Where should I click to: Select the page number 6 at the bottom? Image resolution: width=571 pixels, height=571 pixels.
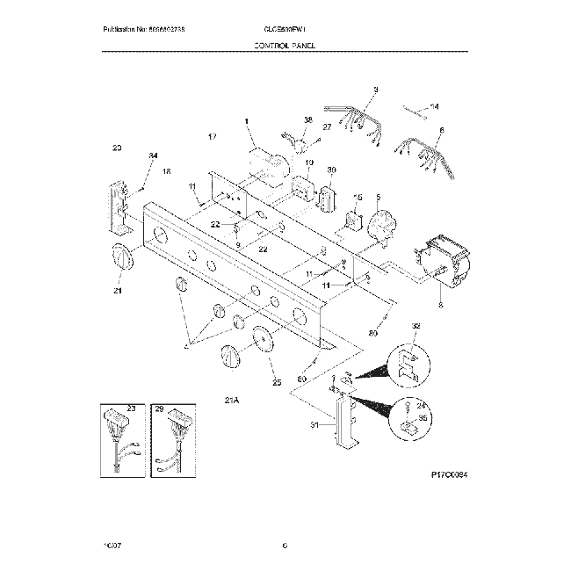(x=285, y=546)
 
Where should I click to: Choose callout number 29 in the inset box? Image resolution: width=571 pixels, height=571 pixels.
(x=159, y=408)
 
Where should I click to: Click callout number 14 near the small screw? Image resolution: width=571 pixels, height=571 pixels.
(x=434, y=106)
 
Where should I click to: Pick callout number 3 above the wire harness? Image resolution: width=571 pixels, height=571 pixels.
(x=375, y=90)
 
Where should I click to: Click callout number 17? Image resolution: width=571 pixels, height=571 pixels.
(x=212, y=138)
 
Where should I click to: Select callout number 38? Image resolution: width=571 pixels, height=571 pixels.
(x=307, y=119)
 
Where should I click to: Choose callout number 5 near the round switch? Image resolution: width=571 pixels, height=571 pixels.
(x=378, y=199)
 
